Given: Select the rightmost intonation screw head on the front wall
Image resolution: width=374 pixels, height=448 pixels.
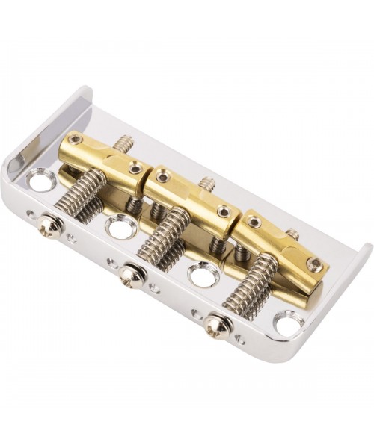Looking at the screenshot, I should coord(217,325).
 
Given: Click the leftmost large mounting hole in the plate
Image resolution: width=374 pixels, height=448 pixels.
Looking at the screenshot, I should coord(40,180).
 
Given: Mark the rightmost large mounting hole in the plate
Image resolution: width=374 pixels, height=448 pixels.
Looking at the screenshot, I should coord(288,323).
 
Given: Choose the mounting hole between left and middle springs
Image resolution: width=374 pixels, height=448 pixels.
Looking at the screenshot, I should coord(120,226).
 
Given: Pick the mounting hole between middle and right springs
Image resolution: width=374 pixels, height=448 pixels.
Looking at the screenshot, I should coord(201,274).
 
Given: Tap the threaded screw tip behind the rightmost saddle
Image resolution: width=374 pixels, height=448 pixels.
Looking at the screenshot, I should coord(292,234).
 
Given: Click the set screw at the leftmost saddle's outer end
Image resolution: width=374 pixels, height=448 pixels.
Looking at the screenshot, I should coord(74,140).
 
